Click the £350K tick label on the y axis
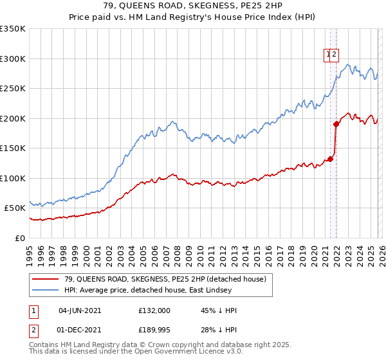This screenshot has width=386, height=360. point(13,29)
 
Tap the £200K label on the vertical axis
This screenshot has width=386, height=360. point(13,118)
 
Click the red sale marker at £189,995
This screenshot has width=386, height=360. point(336,124)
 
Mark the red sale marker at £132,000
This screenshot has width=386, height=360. point(331,159)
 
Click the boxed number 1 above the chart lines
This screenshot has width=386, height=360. point(328,55)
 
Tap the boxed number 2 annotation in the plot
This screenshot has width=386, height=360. point(335,55)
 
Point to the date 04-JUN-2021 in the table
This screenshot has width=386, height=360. point(80,310)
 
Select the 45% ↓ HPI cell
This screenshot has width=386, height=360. point(219,310)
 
